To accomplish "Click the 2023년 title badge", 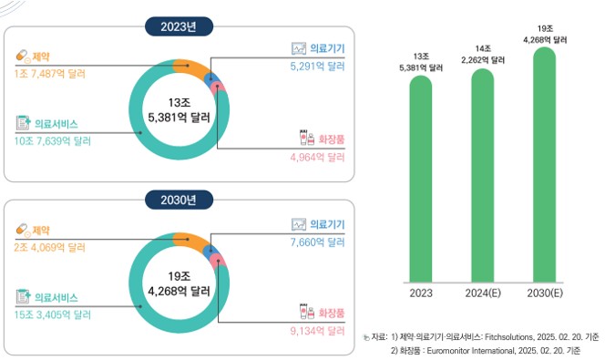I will click(179, 26).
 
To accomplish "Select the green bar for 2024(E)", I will click(482, 173).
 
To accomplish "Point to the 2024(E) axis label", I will click(482, 293).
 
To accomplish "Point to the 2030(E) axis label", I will click(544, 293).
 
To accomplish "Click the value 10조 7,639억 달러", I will click(53, 140).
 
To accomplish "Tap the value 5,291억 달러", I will click(317, 66).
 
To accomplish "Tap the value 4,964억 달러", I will click(317, 157).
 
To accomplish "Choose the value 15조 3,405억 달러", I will click(53, 314).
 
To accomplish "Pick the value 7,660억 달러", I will click(317, 241).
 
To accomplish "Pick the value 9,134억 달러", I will click(317, 331).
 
